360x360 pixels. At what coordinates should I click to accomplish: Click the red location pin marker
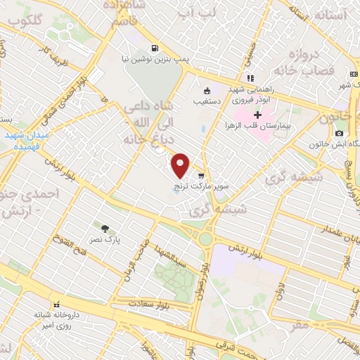click(x=181, y=165)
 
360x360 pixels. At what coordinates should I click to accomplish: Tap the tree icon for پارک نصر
click(x=105, y=228)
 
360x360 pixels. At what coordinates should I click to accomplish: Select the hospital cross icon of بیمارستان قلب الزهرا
click(x=257, y=115)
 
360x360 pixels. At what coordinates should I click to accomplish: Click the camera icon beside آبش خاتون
click(x=340, y=133)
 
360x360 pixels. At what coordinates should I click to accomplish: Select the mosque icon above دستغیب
click(x=207, y=91)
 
